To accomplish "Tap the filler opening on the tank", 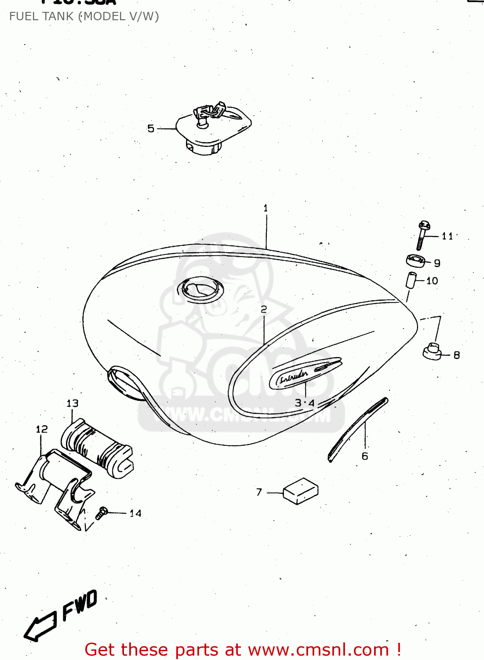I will point(200,289).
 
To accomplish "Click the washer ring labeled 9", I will point(415,260).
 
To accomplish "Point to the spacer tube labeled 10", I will point(410,281).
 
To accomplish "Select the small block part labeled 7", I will point(301,491).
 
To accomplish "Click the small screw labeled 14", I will point(102,513).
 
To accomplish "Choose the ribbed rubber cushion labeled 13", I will point(97,449).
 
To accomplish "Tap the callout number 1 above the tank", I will point(266,208).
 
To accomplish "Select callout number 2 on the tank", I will point(264,310).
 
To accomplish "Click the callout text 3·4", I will point(305,403).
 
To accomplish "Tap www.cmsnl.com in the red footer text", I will point(319,650).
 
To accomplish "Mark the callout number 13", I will point(73,403).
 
